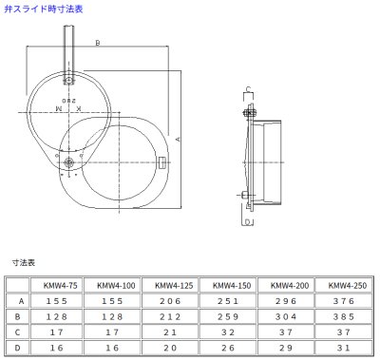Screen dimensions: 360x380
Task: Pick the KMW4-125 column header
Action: tap(169, 283)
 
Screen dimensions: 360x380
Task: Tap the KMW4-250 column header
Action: tap(342, 283)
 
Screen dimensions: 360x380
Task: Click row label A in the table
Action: tap(17, 299)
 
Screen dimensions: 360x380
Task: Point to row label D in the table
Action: tap(17, 349)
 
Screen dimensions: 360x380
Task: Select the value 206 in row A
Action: tap(169, 299)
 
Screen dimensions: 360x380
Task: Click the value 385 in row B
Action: tap(342, 316)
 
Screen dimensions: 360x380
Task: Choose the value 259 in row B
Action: tap(226, 316)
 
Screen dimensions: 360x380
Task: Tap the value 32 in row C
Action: tap(226, 332)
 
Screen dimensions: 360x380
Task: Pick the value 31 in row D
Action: tap(342, 349)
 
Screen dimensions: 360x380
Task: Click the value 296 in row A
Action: tap(283, 299)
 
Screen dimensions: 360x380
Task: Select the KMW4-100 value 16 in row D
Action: tap(112, 349)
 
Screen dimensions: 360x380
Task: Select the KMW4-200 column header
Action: tap(283, 283)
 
